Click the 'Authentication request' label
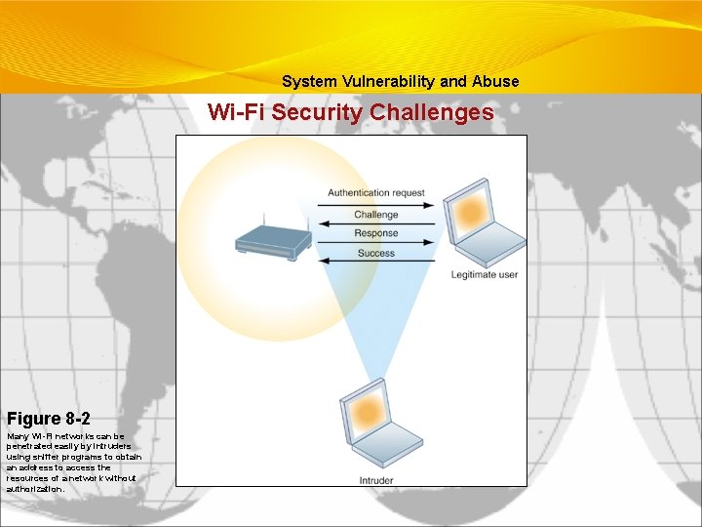click(376, 193)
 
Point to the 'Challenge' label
click(376, 215)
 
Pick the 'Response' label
click(376, 233)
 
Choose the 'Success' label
click(376, 254)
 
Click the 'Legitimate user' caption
click(485, 275)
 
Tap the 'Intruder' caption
click(377, 481)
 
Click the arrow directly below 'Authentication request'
click(376, 204)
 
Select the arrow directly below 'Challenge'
click(376, 224)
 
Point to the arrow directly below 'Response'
click(376, 243)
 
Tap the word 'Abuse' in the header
click(496, 82)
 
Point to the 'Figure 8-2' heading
click(49, 419)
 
